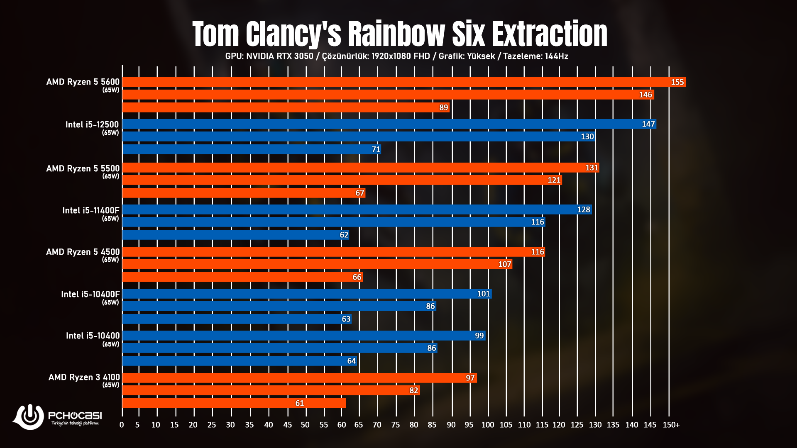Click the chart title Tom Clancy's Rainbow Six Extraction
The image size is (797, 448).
point(399,34)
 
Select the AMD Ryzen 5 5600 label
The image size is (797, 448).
point(83,82)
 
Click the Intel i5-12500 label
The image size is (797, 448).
point(92,125)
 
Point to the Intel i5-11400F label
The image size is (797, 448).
point(90,211)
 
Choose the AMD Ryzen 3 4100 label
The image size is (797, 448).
point(84,377)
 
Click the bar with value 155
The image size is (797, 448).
point(403,82)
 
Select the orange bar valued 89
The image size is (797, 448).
point(286,107)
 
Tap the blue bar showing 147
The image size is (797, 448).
point(389,124)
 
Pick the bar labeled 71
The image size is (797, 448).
point(251,149)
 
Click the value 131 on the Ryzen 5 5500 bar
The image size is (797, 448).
point(592,168)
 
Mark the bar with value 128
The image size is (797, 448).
point(357,209)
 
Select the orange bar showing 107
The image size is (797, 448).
point(317,264)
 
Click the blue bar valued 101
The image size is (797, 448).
point(307,294)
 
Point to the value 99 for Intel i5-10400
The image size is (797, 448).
point(479,336)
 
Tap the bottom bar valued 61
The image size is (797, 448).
point(234,403)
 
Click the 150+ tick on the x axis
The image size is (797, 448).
point(671,425)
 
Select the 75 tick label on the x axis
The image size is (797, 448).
point(396,425)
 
